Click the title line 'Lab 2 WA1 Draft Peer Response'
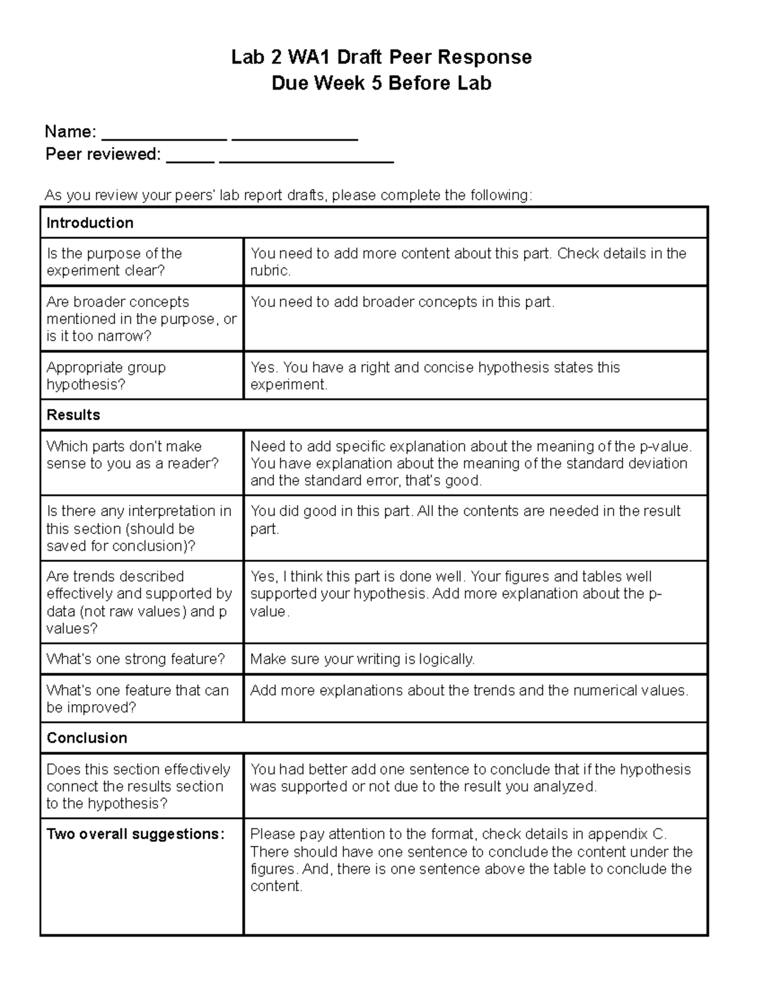coord(381,57)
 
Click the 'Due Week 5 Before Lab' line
coord(381,83)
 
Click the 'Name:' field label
coord(70,132)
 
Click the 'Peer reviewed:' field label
coord(102,154)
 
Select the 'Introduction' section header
coord(90,222)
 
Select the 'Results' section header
coord(73,415)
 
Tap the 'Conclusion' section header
coord(86,738)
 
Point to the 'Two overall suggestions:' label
coord(135,834)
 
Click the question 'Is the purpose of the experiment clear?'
coord(114,262)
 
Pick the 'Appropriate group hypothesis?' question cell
coord(106,376)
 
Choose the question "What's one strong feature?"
coord(135,659)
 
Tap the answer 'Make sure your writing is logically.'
coord(362,659)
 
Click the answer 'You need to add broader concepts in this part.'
coord(402,302)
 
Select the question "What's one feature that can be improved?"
coord(137,698)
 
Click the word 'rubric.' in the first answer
coord(270,271)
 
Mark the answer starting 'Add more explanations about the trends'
coord(469,690)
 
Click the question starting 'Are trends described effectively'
coord(139,602)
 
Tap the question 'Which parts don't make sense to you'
coord(132,454)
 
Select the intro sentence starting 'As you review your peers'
coord(287,195)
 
